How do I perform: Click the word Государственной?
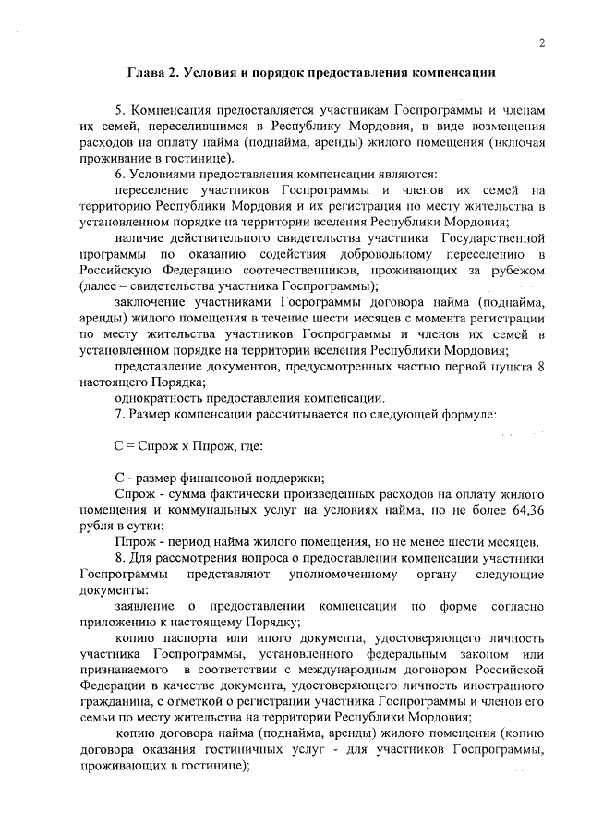499,237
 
